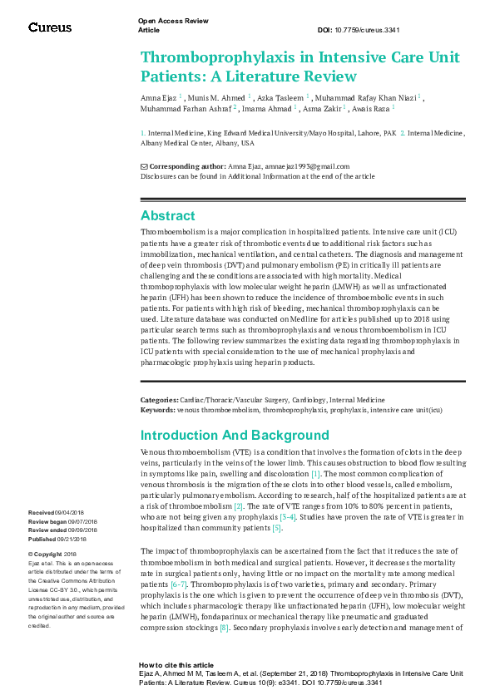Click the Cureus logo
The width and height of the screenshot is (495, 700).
(50, 27)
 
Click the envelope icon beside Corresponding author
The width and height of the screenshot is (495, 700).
(144, 166)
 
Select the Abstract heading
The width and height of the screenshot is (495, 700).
(167, 215)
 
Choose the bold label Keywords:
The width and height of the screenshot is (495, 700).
(157, 409)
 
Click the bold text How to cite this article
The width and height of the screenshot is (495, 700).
(176, 666)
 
